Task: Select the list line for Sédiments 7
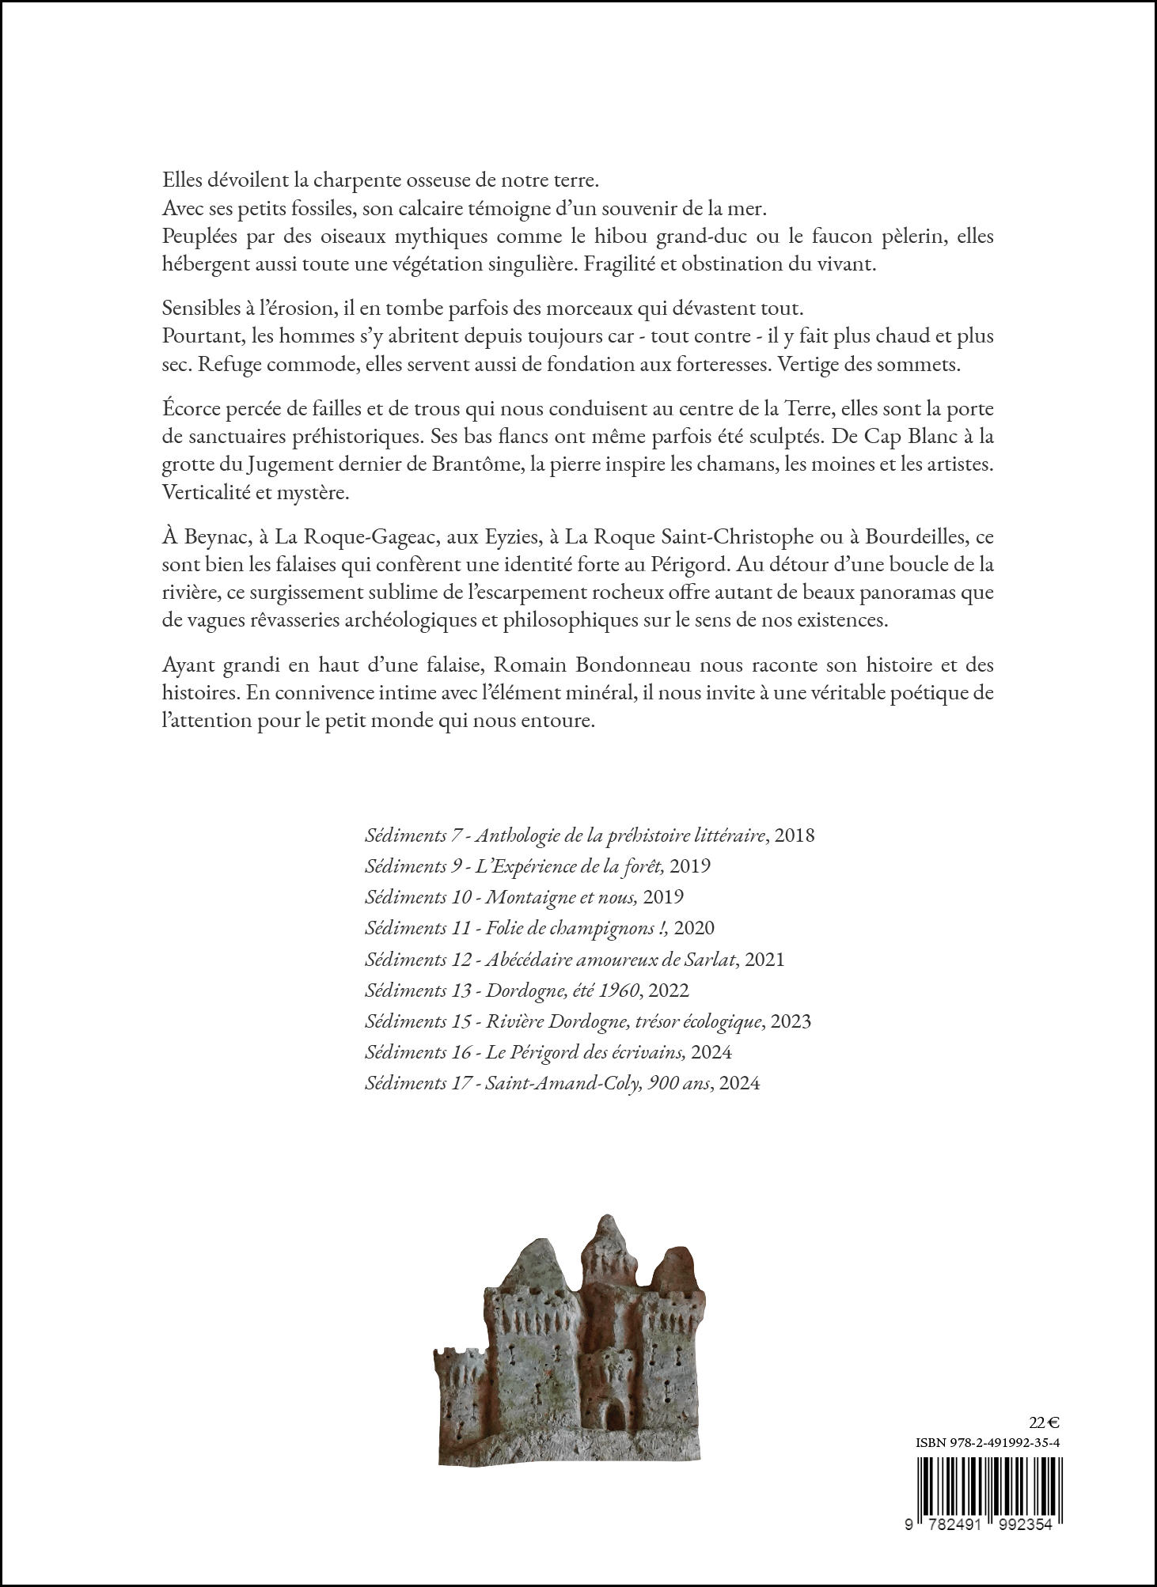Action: click(589, 835)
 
